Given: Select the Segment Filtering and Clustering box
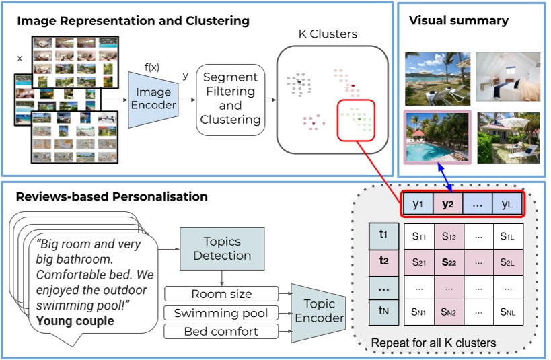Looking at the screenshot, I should point(230,98).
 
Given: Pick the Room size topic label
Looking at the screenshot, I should point(221,294).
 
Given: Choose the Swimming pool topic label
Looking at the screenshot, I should point(221,313).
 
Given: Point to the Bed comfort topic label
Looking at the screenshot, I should point(221,332).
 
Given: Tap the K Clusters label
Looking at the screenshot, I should point(328,34).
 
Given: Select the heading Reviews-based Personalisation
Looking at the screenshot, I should point(112,196).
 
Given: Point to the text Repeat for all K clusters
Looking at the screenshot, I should point(433,343).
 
